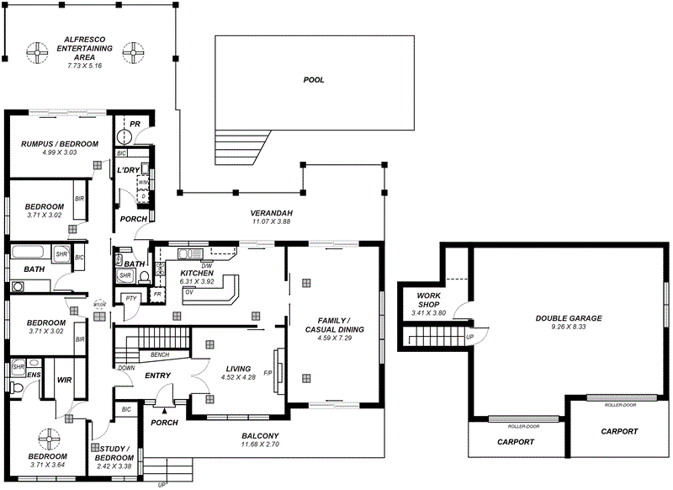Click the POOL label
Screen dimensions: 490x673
pyautogui.click(x=314, y=80)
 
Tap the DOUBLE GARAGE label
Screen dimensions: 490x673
pyautogui.click(x=569, y=318)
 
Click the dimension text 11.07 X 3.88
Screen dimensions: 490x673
pyautogui.click(x=271, y=221)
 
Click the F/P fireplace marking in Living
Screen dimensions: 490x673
pyautogui.click(x=268, y=373)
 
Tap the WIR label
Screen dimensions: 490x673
pyautogui.click(x=65, y=381)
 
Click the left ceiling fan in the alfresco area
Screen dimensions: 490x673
pyautogui.click(x=37, y=52)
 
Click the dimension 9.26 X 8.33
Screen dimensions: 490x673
pyautogui.click(x=569, y=327)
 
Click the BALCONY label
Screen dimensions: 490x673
pyautogui.click(x=260, y=435)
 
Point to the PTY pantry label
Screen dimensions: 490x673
pyautogui.click(x=130, y=298)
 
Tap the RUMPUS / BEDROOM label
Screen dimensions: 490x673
pyautogui.click(x=60, y=144)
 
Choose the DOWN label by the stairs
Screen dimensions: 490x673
pyautogui.click(x=125, y=368)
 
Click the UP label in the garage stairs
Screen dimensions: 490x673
pyautogui.click(x=469, y=337)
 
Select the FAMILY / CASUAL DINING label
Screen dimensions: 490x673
pyautogui.click(x=334, y=326)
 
